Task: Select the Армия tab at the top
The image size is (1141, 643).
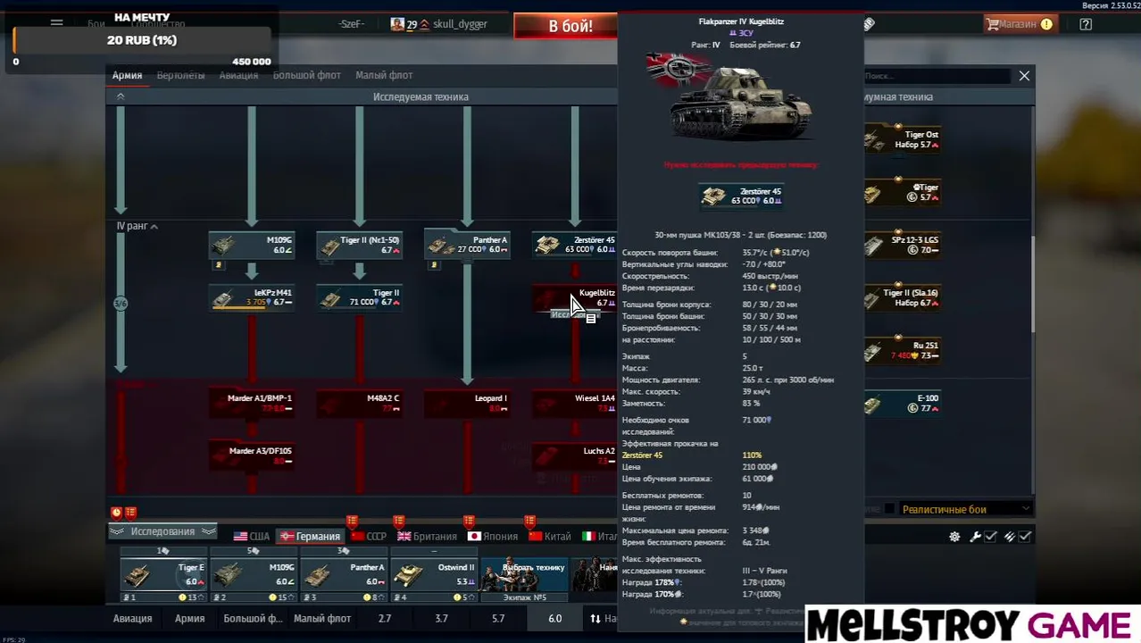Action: coord(127,75)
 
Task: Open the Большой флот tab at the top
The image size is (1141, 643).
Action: coord(306,75)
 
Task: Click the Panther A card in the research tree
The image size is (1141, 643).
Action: coord(467,245)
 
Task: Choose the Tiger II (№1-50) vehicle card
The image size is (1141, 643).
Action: coord(359,245)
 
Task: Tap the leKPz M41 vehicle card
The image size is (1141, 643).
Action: coord(252,297)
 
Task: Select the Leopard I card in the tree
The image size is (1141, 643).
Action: coord(467,403)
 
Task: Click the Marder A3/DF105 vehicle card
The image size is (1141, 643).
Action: coord(252,455)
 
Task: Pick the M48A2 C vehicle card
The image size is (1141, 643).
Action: coord(359,403)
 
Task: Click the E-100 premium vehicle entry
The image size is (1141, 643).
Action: coord(902,403)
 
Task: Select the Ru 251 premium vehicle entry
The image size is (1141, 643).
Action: coord(902,350)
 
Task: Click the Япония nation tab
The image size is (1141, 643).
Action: coord(493,536)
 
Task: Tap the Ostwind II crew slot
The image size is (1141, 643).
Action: coord(435,575)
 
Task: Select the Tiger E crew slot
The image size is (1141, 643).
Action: coord(164,575)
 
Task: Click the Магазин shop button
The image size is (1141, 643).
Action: coord(1019,24)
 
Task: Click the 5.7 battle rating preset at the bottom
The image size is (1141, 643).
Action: coord(498,618)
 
